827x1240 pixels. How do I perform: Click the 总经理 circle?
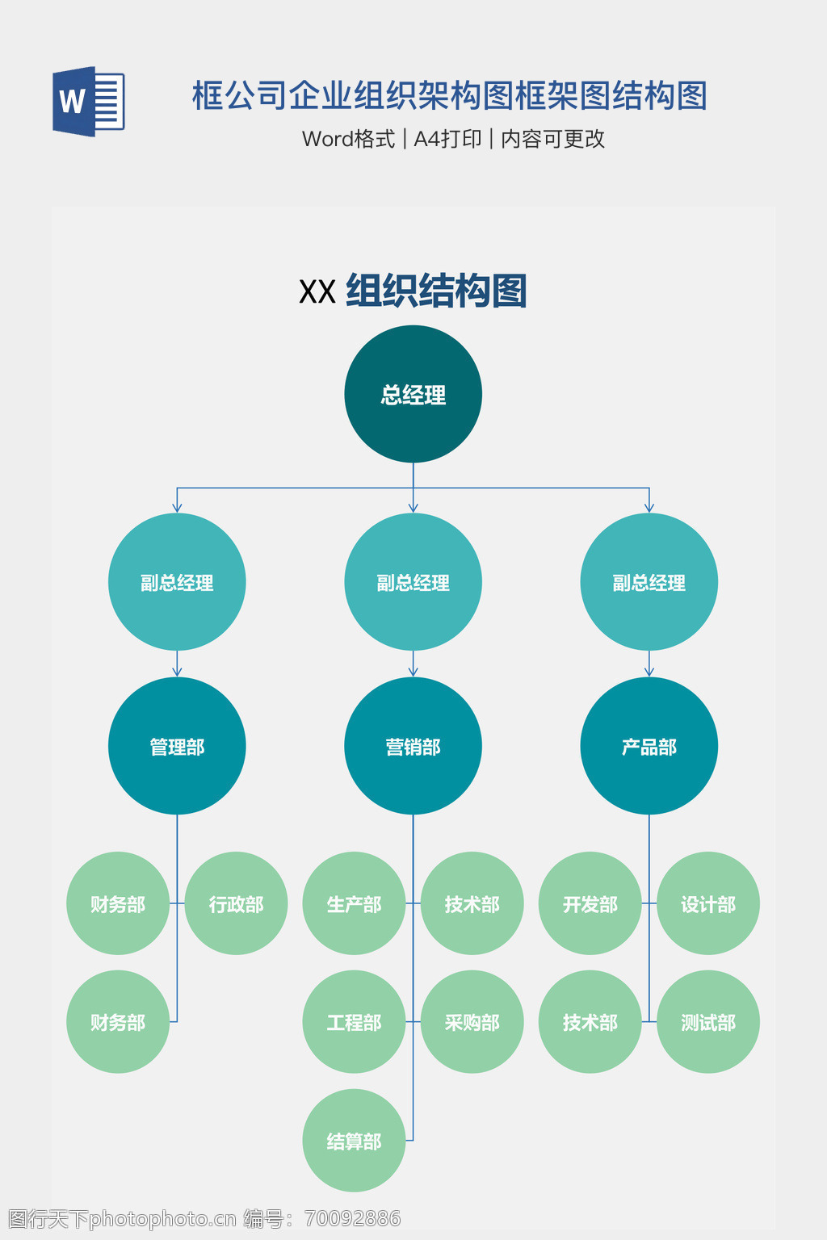click(413, 394)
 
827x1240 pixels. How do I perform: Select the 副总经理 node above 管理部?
click(177, 581)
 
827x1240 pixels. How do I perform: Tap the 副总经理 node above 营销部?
click(413, 581)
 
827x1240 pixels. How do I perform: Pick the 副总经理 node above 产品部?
click(649, 581)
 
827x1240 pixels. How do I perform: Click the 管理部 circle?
click(177, 746)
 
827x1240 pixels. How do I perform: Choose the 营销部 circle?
click(413, 746)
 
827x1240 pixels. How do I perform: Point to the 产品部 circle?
click(649, 746)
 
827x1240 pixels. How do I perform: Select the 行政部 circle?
click(236, 903)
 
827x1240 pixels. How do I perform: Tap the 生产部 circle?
click(354, 903)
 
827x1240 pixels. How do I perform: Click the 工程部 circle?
click(354, 1021)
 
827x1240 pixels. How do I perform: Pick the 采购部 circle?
click(472, 1021)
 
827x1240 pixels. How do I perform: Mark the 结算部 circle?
click(354, 1140)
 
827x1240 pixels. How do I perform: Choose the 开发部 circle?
click(590, 903)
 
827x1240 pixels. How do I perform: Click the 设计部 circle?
click(707, 903)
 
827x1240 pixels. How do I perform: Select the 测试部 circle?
click(707, 1021)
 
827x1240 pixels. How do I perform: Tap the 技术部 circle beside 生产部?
click(472, 903)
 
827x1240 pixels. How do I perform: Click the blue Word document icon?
click(88, 102)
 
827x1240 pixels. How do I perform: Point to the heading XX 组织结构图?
click(413, 291)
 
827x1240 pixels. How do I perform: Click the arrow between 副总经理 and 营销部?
click(413, 664)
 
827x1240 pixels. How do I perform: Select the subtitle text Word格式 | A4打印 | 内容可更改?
click(453, 139)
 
